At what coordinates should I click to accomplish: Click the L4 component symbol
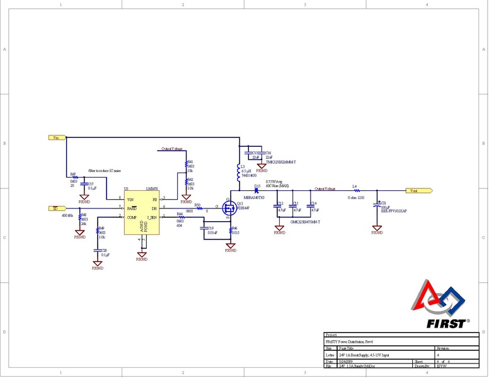356,190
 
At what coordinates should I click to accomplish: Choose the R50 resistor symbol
199,207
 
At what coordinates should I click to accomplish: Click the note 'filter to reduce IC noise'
105,171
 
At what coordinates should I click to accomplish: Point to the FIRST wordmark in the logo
446,324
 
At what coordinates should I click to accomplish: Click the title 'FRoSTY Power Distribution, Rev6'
354,341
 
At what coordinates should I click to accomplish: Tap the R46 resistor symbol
231,230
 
